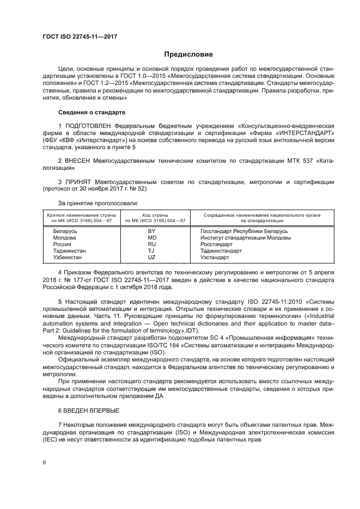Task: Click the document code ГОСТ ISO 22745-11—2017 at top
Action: point(80,36)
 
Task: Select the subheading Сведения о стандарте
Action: point(91,112)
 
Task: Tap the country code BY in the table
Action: point(152,231)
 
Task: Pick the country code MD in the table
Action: point(152,237)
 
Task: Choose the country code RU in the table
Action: point(152,244)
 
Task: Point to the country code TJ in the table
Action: point(152,251)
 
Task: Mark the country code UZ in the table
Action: point(152,257)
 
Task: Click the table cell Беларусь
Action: point(65,231)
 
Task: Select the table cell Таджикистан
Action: point(69,251)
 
